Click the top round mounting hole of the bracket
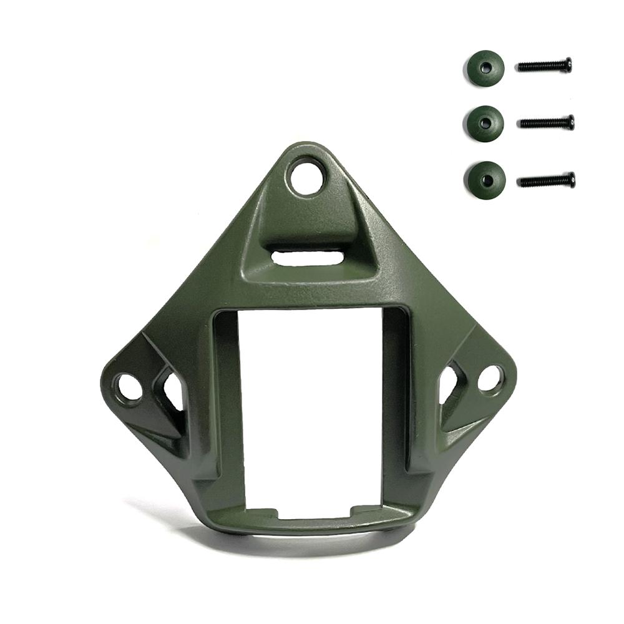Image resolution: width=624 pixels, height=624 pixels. (x=308, y=176)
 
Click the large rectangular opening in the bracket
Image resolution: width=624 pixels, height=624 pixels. (x=310, y=412)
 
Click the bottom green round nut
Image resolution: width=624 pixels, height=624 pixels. (x=484, y=180)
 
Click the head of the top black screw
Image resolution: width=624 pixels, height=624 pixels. (x=567, y=64)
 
